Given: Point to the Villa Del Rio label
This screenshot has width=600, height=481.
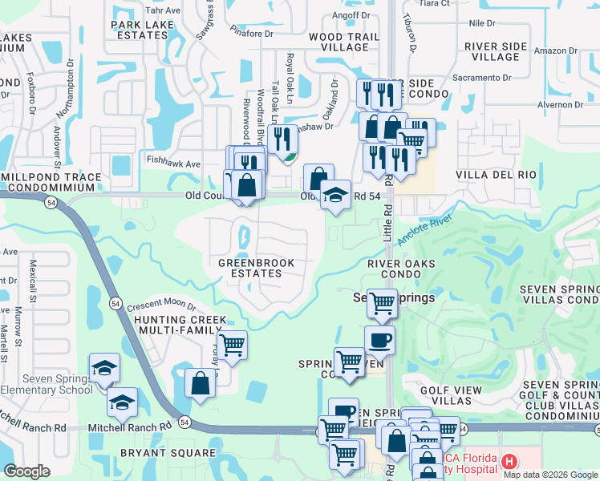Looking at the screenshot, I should coord(495,174).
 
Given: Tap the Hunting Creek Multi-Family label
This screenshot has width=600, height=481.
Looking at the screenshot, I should coord(180,325).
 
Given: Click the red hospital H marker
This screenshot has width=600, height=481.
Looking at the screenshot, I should coord(509,461).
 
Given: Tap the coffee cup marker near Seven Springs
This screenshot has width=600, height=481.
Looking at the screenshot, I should coord(379,339).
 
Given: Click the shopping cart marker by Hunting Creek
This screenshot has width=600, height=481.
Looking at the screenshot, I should coord(232,345).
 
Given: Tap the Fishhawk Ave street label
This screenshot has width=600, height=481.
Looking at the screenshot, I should coord(173,164).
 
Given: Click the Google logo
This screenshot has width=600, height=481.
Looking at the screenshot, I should coord(28,471).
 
